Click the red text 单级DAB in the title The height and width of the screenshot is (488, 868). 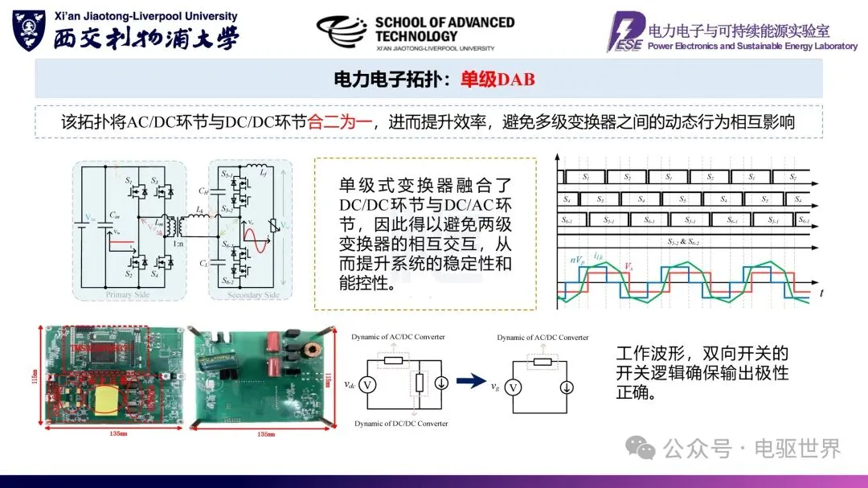click(497, 79)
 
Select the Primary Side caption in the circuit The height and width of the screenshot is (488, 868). click(127, 295)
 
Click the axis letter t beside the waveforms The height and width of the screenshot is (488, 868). click(821, 295)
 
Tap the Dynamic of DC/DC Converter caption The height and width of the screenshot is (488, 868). click(400, 423)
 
